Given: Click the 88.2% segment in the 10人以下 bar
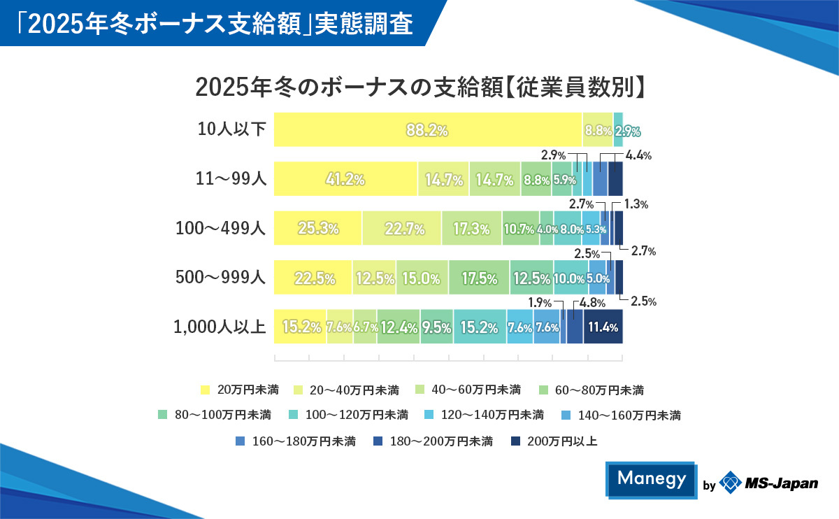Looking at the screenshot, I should coord(427,129).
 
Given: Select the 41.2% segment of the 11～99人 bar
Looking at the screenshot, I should coord(345,179).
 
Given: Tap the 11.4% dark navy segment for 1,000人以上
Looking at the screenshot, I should coord(603,327).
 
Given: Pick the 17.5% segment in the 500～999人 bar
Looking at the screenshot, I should coord(479,278).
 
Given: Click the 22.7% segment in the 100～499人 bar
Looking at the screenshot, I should coord(401,228).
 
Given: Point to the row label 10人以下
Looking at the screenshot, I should coord(231,129).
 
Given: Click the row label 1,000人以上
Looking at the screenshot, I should coord(220,327).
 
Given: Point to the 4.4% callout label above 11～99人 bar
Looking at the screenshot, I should coord(638,156).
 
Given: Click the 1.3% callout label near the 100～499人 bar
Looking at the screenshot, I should coord(636,205).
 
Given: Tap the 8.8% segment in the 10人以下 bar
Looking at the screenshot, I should coord(598,130).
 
